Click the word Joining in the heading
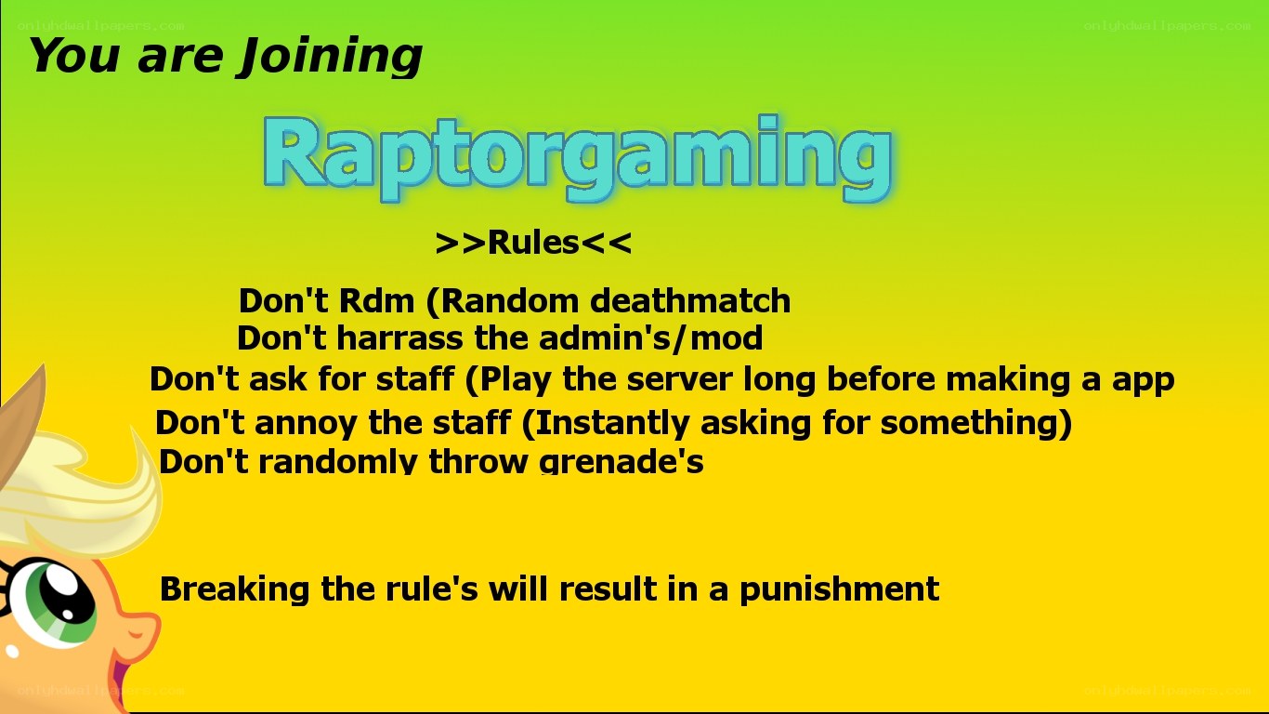tap(331, 56)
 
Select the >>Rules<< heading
tap(533, 244)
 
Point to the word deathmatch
tap(690, 300)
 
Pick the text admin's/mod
tap(650, 338)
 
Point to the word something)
tap(976, 424)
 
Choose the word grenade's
tap(621, 462)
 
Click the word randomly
tap(337, 461)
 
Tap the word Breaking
tap(234, 589)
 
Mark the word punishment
tap(839, 589)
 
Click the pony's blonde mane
tap(85, 494)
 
